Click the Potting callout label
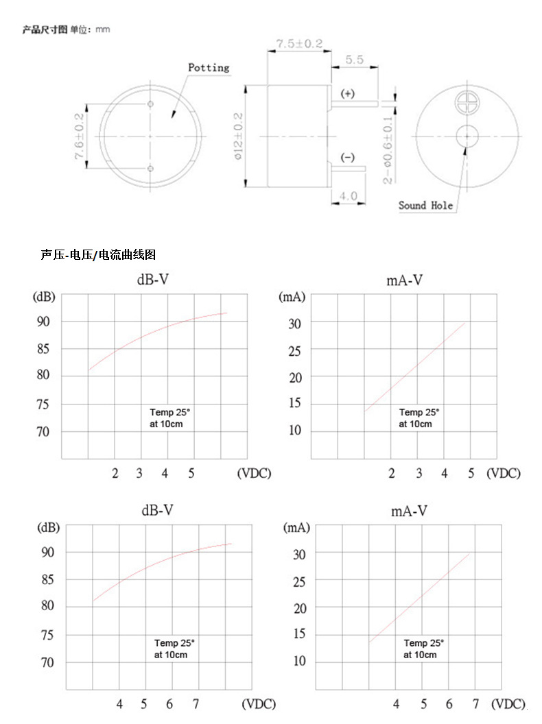click(x=209, y=67)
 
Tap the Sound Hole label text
click(x=425, y=205)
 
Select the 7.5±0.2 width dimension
click(x=299, y=43)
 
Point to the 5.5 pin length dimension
click(x=354, y=60)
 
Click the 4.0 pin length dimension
click(x=348, y=196)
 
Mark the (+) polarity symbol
click(x=348, y=93)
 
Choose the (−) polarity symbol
click(x=348, y=158)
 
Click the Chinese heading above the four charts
click(x=99, y=254)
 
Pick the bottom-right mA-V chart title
click(x=410, y=511)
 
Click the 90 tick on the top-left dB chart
click(x=43, y=322)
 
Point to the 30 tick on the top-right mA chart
click(x=295, y=322)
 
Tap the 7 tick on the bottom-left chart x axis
click(x=196, y=704)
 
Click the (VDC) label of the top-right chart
click(x=504, y=473)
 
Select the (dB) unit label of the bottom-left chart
click(x=48, y=528)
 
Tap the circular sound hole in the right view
click(x=467, y=136)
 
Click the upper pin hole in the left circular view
click(x=150, y=104)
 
